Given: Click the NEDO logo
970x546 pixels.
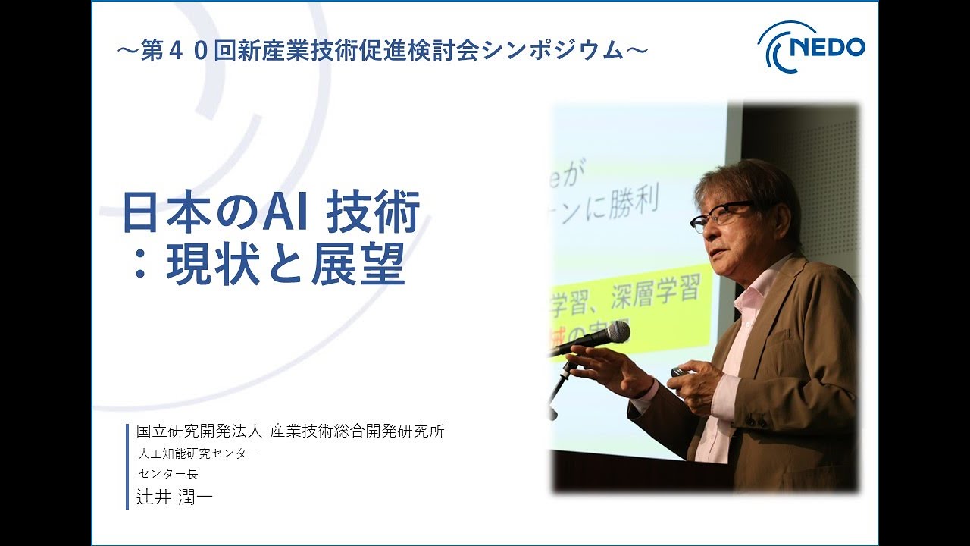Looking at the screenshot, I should pos(812,46).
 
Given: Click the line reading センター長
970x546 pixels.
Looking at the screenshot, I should pos(168,474).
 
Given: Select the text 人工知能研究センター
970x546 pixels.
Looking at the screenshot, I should pos(199,453).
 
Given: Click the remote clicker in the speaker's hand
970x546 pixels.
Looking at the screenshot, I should pos(677,372).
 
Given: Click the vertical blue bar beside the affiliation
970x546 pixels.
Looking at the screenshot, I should pos(127,466).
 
